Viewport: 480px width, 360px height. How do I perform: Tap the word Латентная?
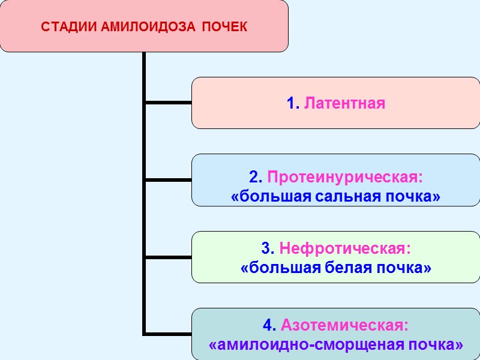tap(344, 103)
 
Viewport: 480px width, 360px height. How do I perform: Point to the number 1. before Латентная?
tap(293, 103)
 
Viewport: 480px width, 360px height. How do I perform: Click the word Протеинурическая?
tap(344, 178)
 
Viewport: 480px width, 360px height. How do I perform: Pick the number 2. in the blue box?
tap(256, 178)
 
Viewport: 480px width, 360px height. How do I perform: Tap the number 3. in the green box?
tap(268, 248)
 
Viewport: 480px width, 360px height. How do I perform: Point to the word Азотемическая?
tap(344, 326)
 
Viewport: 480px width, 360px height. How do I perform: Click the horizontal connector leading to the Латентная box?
tap(168, 103)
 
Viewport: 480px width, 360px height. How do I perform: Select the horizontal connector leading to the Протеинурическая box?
tap(168, 179)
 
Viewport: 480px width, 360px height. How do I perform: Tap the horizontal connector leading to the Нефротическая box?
tap(168, 257)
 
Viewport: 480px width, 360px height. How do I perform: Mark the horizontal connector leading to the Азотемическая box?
tap(168, 334)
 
